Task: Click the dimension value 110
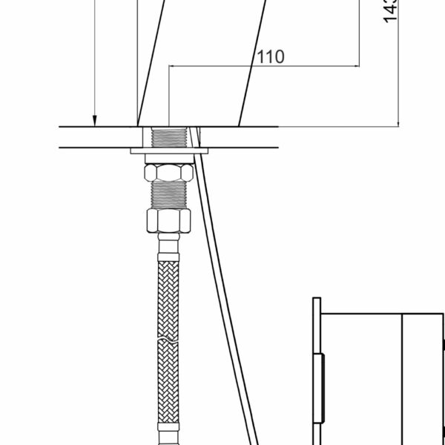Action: (x=270, y=57)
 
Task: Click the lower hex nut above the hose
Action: (x=169, y=220)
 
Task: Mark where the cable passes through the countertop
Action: (x=195, y=138)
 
